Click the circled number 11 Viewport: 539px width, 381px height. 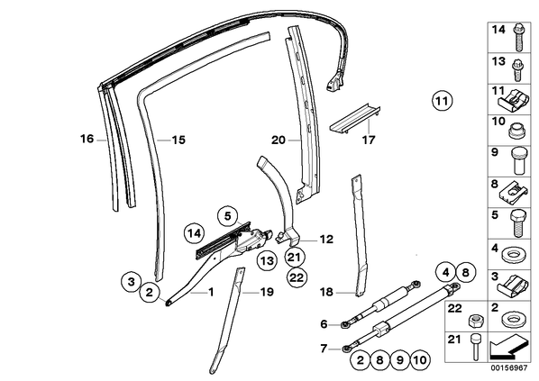pyautogui.click(x=442, y=101)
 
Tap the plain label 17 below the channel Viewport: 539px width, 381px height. pyautogui.click(x=368, y=141)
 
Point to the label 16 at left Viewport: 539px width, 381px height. pyautogui.click(x=87, y=139)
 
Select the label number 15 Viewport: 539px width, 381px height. pyautogui.click(x=178, y=141)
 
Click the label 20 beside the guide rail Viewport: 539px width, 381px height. pyautogui.click(x=279, y=141)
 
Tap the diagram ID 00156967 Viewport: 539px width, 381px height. pyautogui.click(x=508, y=367)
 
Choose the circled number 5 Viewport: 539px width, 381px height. pyautogui.click(x=227, y=216)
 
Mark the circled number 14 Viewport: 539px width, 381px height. pyautogui.click(x=194, y=233)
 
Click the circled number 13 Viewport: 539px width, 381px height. pyautogui.click(x=268, y=261)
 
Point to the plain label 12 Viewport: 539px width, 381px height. pyautogui.click(x=326, y=239)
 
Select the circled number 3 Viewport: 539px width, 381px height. pyautogui.click(x=132, y=282)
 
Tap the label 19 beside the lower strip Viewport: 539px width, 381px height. pyautogui.click(x=267, y=293)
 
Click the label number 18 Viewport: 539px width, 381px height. pyautogui.click(x=326, y=292)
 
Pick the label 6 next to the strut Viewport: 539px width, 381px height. pyautogui.click(x=324, y=324)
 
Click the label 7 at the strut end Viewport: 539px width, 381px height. pyautogui.click(x=324, y=349)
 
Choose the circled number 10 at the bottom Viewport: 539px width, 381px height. pyautogui.click(x=420, y=360)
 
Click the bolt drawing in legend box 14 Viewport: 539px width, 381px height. pyautogui.click(x=518, y=38)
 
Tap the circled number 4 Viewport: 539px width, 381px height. pyautogui.click(x=446, y=273)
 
